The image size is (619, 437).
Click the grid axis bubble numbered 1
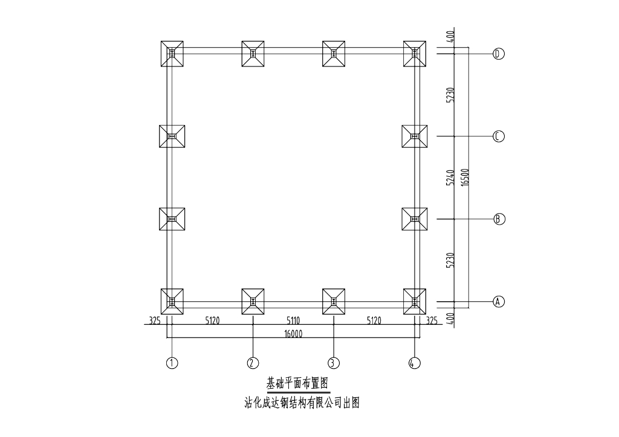(x=172, y=363)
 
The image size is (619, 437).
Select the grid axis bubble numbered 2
(x=253, y=363)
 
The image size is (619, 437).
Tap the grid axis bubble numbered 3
(x=334, y=363)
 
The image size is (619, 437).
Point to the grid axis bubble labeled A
(x=499, y=301)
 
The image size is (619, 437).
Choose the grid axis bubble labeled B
(x=499, y=218)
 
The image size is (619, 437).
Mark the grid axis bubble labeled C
(x=499, y=136)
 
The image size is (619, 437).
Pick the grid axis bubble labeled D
(x=499, y=54)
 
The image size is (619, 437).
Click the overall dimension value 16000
(x=293, y=333)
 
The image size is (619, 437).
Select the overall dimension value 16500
(x=464, y=177)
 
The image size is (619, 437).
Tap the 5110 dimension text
(x=293, y=321)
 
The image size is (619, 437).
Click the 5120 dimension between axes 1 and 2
(x=212, y=321)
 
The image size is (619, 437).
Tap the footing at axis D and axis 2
(x=253, y=54)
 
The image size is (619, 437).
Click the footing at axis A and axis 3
(x=334, y=301)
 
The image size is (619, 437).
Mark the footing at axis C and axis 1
(x=172, y=136)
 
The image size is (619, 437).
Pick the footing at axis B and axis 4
(x=415, y=218)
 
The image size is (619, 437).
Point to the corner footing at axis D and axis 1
(x=172, y=54)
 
